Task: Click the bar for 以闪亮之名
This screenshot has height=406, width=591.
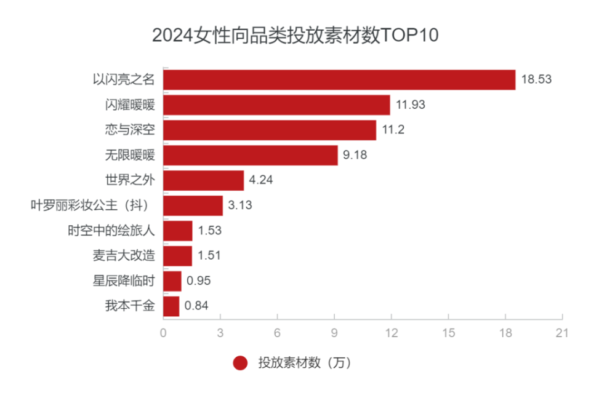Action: [339, 80]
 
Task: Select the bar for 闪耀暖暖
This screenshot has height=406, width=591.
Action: [276, 105]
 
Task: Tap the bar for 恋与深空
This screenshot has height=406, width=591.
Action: [270, 130]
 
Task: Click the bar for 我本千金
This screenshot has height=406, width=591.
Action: [171, 306]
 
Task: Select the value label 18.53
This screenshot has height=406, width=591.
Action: [536, 80]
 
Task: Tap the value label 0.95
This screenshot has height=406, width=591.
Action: [199, 281]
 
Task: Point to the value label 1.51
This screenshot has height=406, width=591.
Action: [209, 256]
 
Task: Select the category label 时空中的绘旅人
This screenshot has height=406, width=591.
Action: [111, 231]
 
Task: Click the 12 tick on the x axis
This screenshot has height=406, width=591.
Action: [392, 333]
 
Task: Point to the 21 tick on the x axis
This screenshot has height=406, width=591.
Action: [562, 333]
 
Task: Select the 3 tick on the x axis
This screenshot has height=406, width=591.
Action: [220, 333]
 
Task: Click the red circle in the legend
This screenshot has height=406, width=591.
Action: [241, 364]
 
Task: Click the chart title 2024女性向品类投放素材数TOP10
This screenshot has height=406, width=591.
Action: [295, 35]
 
